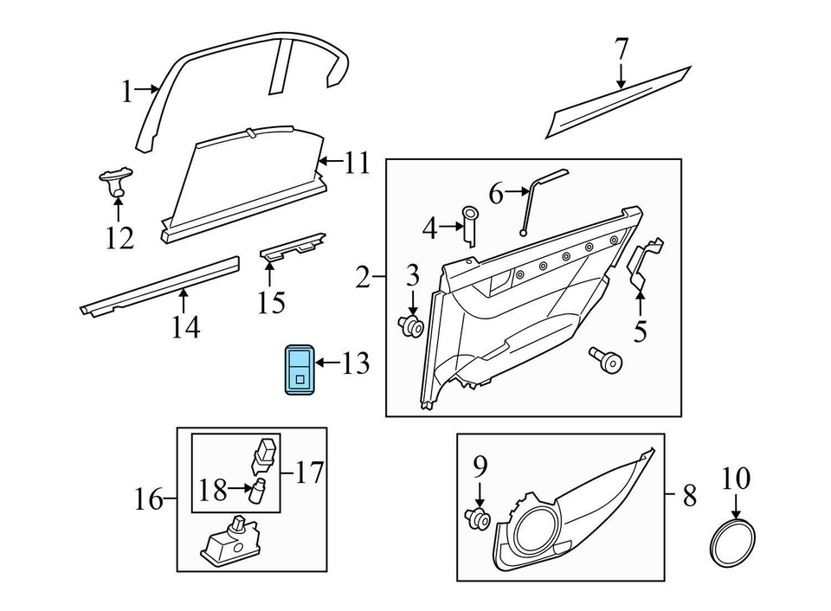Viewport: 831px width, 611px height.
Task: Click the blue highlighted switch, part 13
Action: coord(300,369)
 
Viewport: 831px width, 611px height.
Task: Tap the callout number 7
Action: coord(622,50)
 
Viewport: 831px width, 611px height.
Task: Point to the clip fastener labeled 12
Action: coord(113,182)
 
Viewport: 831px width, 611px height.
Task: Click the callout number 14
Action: coord(185,327)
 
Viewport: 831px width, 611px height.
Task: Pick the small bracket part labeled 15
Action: coord(293,248)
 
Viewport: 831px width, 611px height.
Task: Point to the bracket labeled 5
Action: coord(645,264)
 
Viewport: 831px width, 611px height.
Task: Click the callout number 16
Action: coord(149,499)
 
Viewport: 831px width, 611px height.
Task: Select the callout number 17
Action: coord(309,473)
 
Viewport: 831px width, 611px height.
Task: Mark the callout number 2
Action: coord(364,278)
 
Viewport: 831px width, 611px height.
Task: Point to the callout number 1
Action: coord(126,90)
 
